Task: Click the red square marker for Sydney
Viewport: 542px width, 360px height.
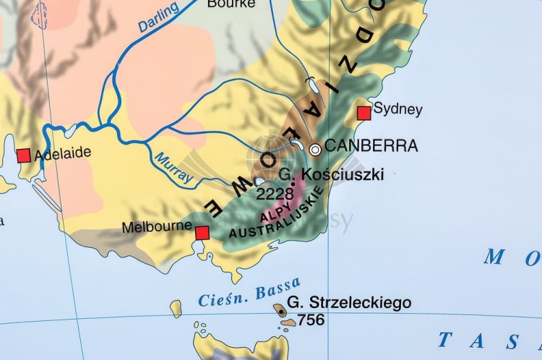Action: click(x=364, y=113)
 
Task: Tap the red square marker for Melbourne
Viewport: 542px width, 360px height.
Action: click(x=202, y=232)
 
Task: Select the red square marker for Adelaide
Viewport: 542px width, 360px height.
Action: click(x=24, y=155)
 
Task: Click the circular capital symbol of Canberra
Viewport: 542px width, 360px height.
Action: click(x=315, y=149)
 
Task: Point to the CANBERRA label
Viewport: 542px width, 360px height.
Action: click(x=371, y=146)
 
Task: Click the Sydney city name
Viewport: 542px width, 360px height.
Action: click(x=398, y=110)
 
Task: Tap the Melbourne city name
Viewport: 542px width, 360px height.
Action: click(x=156, y=227)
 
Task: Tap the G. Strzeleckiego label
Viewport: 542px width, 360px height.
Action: click(x=349, y=302)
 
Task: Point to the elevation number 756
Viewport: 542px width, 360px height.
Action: click(x=311, y=319)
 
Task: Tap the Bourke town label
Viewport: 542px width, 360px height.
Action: click(x=231, y=4)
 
